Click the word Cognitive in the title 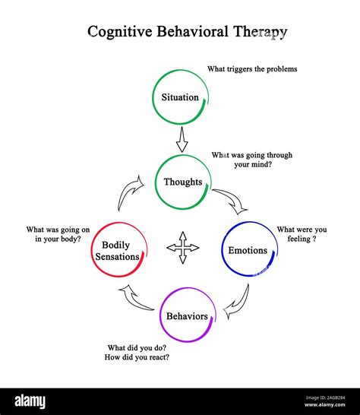(120, 32)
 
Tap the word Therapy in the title (260, 32)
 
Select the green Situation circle (153, 97)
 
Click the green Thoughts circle (155, 182)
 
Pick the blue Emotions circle (222, 249)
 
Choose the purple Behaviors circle (160, 315)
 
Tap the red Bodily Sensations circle (92, 249)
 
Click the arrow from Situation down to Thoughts (182, 140)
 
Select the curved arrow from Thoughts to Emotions (232, 199)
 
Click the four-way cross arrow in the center (183, 248)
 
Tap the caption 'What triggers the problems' (252, 69)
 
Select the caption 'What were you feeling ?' (302, 234)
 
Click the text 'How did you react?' (137, 357)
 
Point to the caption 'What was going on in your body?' (58, 234)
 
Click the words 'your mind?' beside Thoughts (253, 165)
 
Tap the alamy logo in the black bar (30, 401)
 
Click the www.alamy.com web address (324, 404)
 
